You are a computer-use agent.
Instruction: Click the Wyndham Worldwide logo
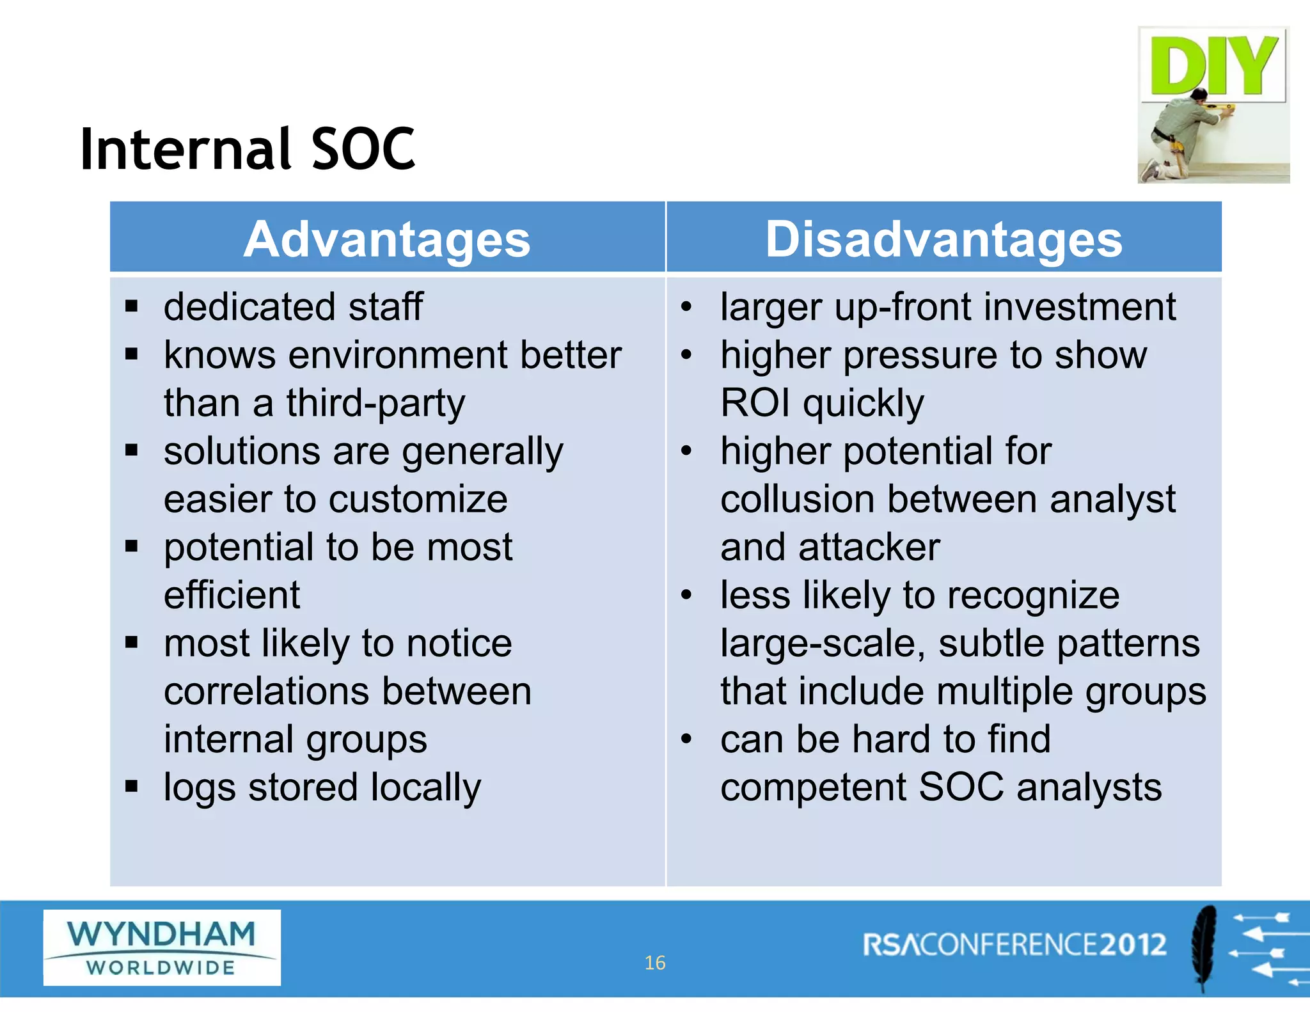tap(162, 947)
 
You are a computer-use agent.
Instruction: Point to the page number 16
tap(654, 963)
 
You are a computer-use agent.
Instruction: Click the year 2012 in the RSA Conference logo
tap(1133, 945)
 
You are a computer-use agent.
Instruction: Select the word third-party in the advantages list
tap(375, 404)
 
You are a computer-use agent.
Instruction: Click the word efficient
tap(232, 596)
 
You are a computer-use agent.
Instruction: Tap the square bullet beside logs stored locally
tap(132, 786)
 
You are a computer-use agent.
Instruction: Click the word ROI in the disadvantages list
tap(755, 404)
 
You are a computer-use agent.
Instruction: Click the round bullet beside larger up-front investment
tap(686, 306)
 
